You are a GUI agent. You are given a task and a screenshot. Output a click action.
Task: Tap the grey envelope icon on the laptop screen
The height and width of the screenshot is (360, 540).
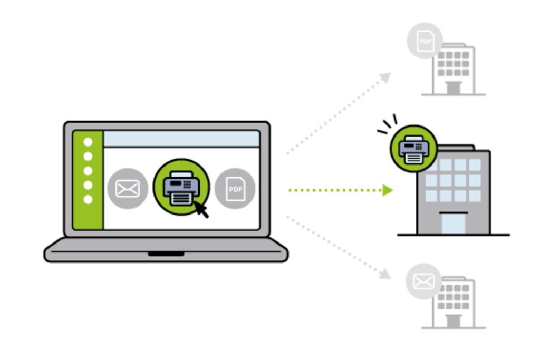click(x=127, y=188)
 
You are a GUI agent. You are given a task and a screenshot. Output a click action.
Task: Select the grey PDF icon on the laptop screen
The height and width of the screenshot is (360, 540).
click(x=235, y=188)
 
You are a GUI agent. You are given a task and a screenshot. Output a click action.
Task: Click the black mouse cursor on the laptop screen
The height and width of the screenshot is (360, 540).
click(x=201, y=209)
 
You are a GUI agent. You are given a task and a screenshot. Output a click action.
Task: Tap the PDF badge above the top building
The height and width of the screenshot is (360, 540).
click(x=425, y=40)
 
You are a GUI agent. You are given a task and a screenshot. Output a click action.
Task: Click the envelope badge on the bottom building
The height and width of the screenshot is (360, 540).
click(x=423, y=281)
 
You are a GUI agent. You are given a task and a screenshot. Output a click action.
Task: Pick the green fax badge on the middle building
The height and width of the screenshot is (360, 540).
click(x=414, y=149)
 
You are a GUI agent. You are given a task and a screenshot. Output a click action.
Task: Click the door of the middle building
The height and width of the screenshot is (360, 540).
click(x=454, y=222)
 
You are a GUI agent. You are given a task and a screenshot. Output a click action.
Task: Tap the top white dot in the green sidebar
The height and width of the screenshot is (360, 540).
click(x=88, y=142)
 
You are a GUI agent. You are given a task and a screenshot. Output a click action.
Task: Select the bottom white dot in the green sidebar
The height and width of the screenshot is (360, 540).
click(x=88, y=199)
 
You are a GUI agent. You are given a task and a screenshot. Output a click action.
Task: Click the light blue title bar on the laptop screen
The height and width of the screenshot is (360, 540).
click(x=181, y=139)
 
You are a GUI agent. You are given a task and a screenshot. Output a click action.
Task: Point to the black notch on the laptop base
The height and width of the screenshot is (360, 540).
click(x=166, y=254)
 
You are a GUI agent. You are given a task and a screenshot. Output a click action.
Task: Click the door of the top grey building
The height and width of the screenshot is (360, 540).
click(x=453, y=87)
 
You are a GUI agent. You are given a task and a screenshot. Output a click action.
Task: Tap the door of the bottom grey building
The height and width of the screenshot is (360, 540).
click(x=453, y=320)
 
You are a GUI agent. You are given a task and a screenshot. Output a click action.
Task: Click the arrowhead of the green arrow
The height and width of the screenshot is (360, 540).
click(x=389, y=190)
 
